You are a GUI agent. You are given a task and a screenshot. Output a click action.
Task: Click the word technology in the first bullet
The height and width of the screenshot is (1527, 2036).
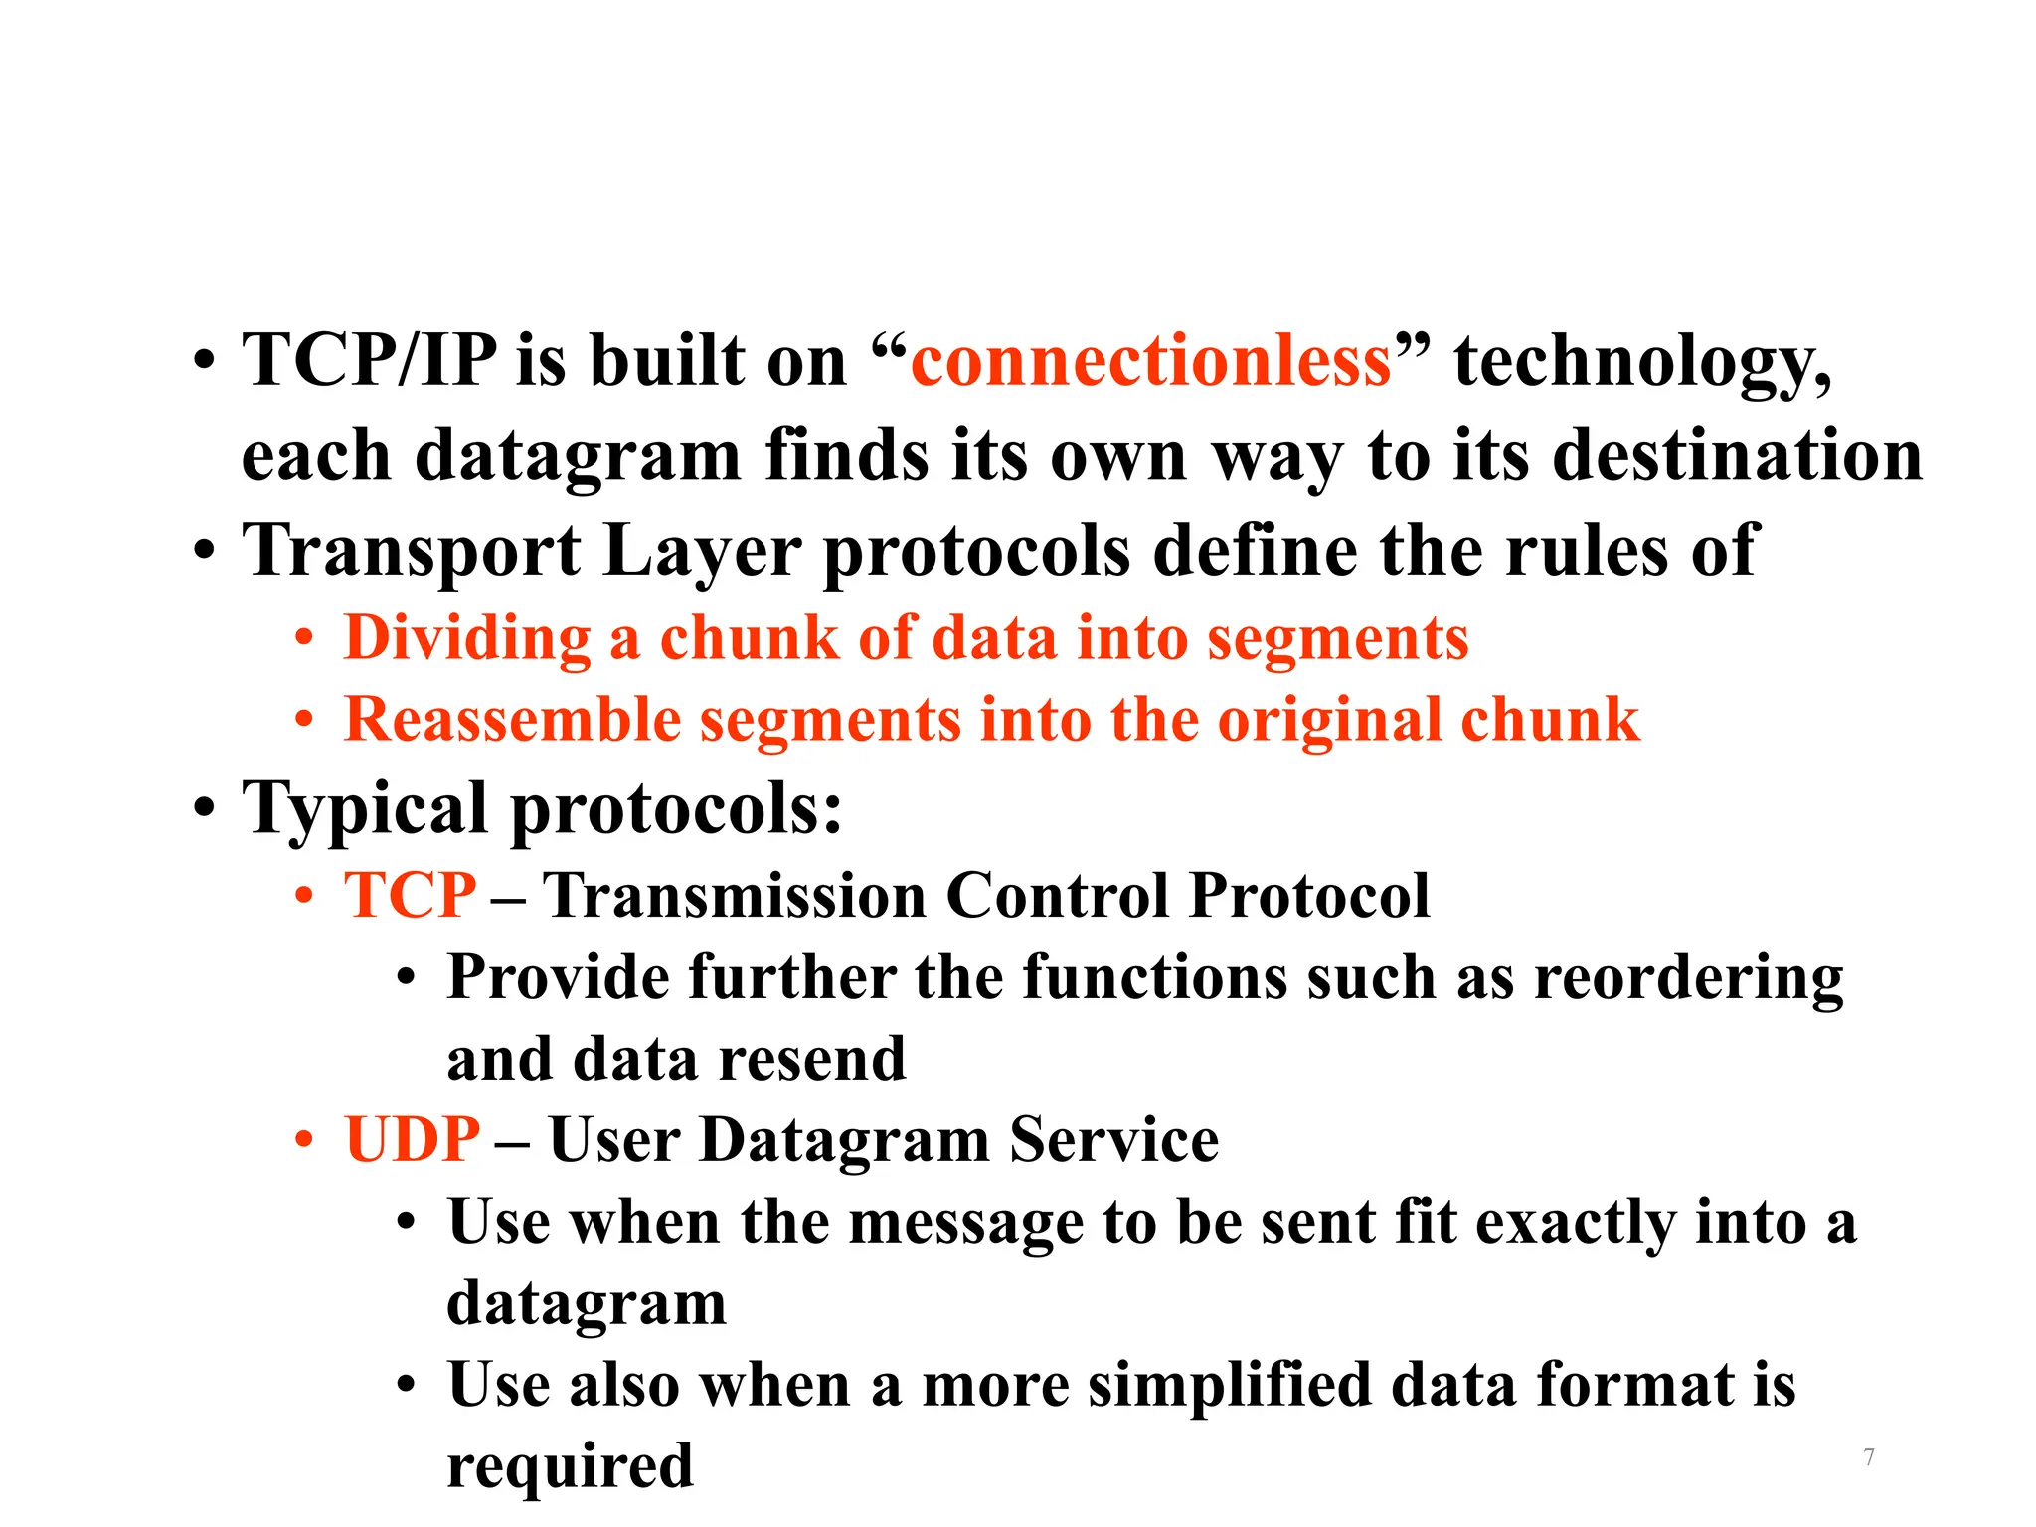[1640, 362]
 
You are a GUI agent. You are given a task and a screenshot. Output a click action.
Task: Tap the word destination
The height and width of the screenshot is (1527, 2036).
[1737, 456]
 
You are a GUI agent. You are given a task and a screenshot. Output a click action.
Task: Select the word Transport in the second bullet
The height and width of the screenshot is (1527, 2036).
[412, 552]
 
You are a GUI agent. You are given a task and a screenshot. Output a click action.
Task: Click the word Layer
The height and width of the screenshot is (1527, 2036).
[701, 552]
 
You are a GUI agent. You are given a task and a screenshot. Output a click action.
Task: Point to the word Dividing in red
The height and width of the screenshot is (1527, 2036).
[467, 638]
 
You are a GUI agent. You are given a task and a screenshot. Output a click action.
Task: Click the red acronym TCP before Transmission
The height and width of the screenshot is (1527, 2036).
[410, 895]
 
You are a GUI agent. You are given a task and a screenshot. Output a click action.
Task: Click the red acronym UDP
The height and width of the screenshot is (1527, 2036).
[412, 1139]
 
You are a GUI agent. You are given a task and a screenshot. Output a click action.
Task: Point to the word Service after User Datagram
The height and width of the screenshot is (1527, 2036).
[1113, 1139]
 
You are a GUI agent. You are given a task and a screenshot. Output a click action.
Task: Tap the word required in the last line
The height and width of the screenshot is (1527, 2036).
[570, 1467]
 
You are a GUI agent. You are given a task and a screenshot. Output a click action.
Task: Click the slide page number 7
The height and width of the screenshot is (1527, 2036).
[1869, 1457]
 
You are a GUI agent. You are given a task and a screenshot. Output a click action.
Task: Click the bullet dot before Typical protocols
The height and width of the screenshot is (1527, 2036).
[204, 809]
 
